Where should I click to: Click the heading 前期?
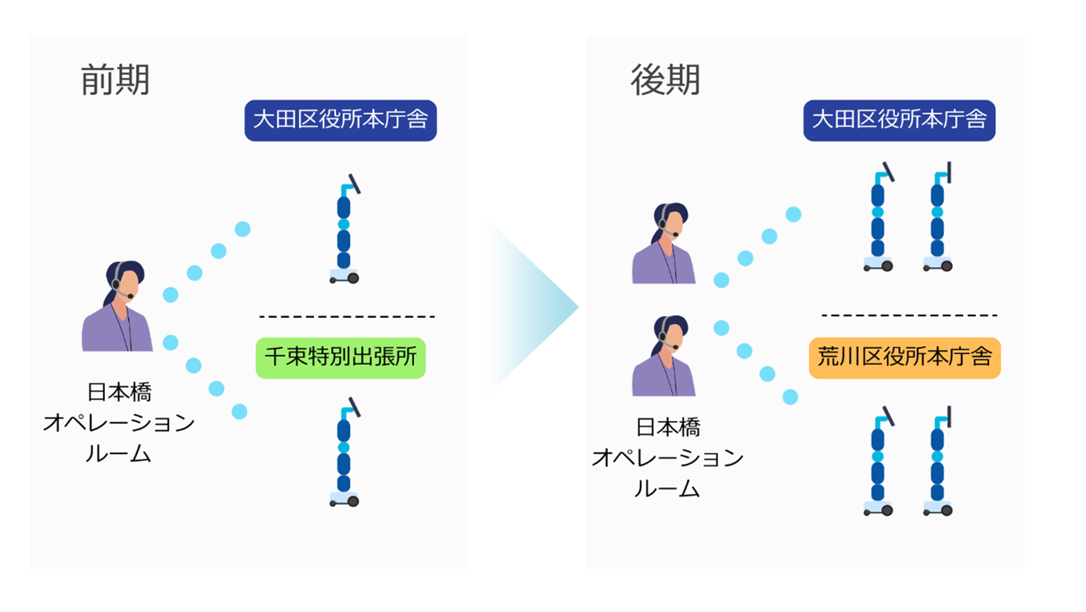[115, 80]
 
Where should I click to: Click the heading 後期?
[665, 80]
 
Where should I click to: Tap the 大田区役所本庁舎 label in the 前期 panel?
[341, 120]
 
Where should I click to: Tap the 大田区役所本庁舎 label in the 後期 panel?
[899, 120]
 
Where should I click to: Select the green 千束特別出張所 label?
[341, 358]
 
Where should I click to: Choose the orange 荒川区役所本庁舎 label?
[904, 358]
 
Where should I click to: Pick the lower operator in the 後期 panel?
[663, 357]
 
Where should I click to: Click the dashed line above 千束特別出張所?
[347, 316]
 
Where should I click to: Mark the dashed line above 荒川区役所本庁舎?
[909, 315]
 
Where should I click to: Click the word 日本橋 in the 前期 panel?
[119, 392]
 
